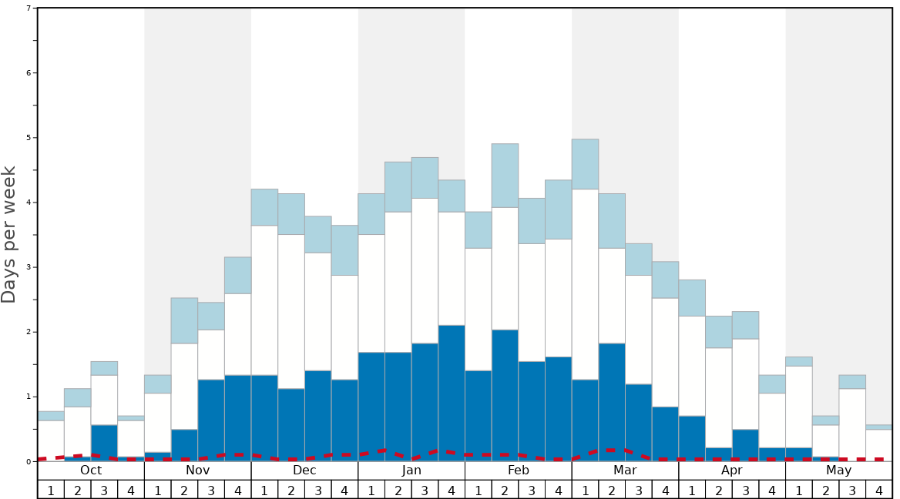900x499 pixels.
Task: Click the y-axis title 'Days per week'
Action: pos(9,234)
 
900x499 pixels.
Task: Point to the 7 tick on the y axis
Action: pos(29,8)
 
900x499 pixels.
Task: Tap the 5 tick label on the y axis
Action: pos(29,138)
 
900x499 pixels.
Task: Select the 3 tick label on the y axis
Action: pos(29,267)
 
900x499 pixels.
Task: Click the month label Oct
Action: pos(91,471)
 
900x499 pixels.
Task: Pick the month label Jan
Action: pos(411,471)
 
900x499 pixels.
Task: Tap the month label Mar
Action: pos(625,471)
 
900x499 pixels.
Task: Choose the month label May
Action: pos(839,471)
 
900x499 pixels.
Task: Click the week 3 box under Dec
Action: pos(318,490)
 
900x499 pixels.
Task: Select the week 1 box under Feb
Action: pos(479,490)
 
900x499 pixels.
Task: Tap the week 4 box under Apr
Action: pos(772,490)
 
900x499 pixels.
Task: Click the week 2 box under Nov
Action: pos(184,490)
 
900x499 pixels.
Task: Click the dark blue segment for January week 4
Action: pos(452,393)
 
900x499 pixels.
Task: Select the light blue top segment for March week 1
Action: pos(585,164)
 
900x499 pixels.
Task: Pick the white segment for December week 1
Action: pos(264,300)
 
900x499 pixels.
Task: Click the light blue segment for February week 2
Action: pos(505,176)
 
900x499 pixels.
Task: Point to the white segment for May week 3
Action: pos(852,424)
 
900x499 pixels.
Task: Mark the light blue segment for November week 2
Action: pos(184,320)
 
